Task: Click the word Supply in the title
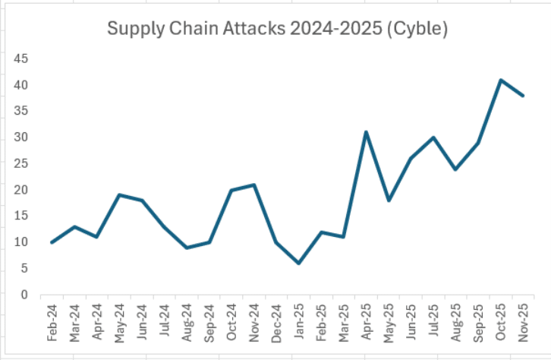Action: [x=131, y=30]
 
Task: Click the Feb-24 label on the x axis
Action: [x=52, y=324]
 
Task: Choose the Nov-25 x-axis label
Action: [x=524, y=324]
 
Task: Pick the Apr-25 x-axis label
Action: [x=366, y=324]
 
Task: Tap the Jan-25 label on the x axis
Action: [x=298, y=324]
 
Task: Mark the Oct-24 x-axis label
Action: [x=231, y=324]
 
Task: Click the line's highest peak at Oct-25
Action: [x=501, y=80]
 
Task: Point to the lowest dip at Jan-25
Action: [x=298, y=264]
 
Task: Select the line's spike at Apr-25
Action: [x=366, y=132]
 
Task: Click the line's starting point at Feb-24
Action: [x=52, y=242]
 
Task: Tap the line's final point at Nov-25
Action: [x=524, y=96]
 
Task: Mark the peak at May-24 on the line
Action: [x=119, y=195]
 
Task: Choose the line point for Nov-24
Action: [x=253, y=185]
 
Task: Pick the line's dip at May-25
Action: [x=389, y=201]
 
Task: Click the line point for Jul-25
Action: [x=433, y=137]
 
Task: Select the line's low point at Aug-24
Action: [x=187, y=248]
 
